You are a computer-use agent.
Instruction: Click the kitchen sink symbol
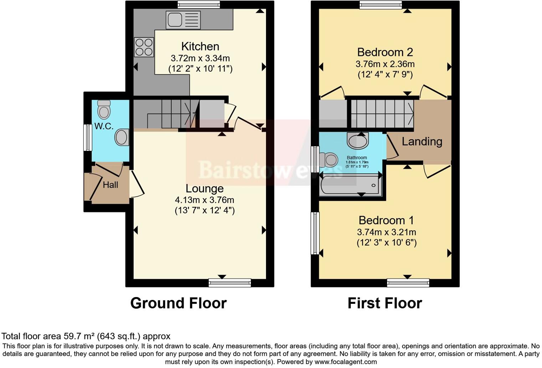pos(183,20)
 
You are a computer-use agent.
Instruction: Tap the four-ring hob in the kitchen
pos(144,47)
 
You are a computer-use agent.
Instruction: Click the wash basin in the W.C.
pos(122,137)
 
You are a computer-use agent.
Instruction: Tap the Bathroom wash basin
pos(358,141)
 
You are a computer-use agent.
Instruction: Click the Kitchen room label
pos(200,46)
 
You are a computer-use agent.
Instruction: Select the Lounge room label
pos(204,188)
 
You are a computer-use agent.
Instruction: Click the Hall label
pos(111,185)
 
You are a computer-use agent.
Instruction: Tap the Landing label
pos(422,142)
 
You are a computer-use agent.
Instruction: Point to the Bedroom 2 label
pos(385,52)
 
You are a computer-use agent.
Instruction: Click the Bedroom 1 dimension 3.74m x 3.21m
pos(387,232)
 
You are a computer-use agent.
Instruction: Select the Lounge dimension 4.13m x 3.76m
pos(204,200)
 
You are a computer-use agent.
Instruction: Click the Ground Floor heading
pos(178,303)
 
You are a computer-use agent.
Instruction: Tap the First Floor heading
pos(385,303)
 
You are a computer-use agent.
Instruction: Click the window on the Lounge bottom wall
pos(230,283)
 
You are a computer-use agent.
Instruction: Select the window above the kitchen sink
pos(199,5)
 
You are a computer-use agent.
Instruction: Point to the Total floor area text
pos(86,336)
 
